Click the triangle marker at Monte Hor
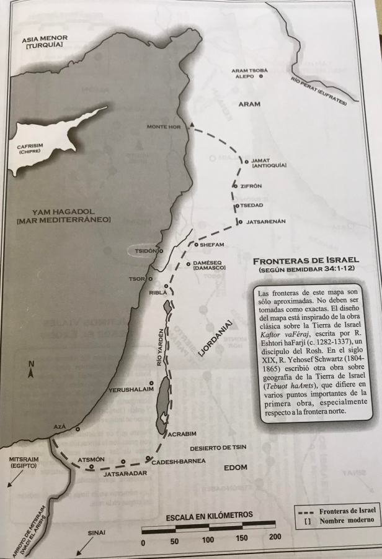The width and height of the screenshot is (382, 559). point(192,126)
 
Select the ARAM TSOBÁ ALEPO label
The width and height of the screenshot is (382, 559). point(249,73)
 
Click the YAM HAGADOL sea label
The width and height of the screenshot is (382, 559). point(63,216)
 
